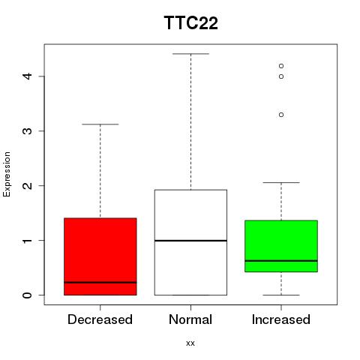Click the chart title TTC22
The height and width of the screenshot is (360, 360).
[191, 22]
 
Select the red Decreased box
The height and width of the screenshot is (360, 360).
[100, 256]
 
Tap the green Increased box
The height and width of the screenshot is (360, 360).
[281, 246]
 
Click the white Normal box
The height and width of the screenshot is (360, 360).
[190, 242]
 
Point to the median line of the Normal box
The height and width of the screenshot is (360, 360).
[190, 241]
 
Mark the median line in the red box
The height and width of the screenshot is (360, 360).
[100, 283]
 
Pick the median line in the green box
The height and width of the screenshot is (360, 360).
[281, 261]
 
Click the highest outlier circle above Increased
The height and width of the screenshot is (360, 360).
[281, 66]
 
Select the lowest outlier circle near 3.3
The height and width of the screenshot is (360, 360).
[281, 115]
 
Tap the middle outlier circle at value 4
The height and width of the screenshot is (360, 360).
[281, 76]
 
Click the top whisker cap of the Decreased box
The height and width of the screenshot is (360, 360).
[100, 124]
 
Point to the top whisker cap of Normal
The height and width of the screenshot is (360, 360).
[190, 54]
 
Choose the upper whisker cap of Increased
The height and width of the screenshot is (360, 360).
[281, 182]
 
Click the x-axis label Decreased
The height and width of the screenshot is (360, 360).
[100, 319]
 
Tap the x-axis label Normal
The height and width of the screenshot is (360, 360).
[190, 319]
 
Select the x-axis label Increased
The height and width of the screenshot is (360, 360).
[281, 319]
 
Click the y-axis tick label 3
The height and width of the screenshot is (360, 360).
[27, 131]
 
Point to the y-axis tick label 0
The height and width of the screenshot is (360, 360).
[27, 295]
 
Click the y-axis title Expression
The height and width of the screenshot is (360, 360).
[7, 174]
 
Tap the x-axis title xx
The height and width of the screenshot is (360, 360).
[190, 343]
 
